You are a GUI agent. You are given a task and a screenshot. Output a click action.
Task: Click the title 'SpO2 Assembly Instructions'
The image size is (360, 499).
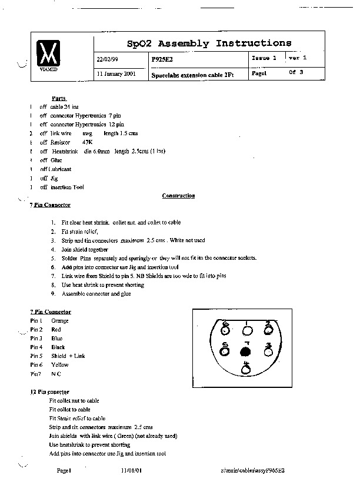click(x=209, y=43)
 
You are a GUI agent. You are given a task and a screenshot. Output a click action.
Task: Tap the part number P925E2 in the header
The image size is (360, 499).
click(x=162, y=59)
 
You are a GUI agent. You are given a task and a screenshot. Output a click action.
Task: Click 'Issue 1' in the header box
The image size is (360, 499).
click(x=264, y=58)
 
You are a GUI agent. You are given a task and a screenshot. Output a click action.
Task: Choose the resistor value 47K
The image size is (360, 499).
click(x=87, y=142)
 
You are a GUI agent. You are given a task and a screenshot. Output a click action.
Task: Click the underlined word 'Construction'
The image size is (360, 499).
click(x=178, y=196)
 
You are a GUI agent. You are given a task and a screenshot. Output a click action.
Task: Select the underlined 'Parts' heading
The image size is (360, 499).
click(x=59, y=98)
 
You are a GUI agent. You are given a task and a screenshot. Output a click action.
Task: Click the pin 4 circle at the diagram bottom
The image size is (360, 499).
click(x=246, y=370)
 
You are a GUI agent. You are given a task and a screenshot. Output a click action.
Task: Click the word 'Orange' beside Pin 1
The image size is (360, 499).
click(x=60, y=321)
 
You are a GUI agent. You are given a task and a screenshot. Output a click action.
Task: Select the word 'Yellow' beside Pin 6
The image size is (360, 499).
click(x=60, y=365)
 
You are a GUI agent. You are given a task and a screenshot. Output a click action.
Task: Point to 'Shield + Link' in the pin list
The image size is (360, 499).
click(x=68, y=356)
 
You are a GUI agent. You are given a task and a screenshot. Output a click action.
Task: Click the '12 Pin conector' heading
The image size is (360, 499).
click(x=49, y=391)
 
